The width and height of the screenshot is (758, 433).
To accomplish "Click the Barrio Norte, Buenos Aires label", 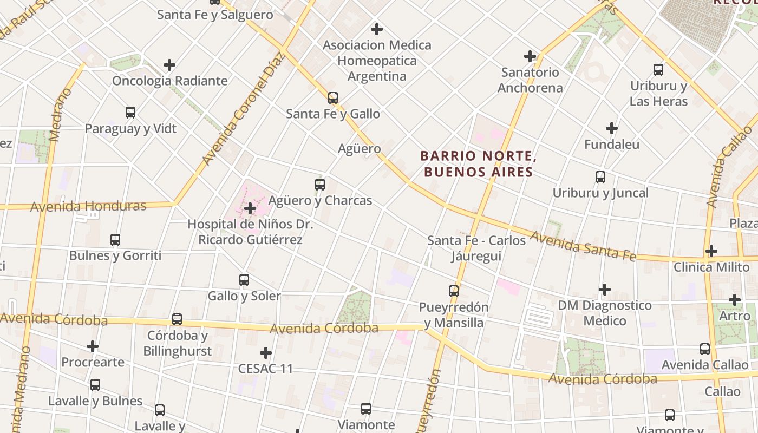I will (x=479, y=164).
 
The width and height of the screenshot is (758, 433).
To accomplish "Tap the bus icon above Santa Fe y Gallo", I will (x=333, y=98).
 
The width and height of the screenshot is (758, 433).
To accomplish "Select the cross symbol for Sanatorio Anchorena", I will (x=530, y=56).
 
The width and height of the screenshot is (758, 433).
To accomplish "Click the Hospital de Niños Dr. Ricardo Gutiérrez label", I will (x=250, y=232).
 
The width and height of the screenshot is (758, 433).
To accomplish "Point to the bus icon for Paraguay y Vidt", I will (x=130, y=113).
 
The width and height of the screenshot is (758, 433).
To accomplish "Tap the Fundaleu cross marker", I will (x=612, y=129).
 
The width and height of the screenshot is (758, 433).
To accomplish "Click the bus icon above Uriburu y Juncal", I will (x=600, y=177).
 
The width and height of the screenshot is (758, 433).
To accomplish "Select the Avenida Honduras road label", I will (x=88, y=206).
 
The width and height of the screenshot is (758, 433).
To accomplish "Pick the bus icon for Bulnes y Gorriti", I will (x=115, y=240).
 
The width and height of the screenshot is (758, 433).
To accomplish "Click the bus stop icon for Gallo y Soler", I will (x=244, y=280).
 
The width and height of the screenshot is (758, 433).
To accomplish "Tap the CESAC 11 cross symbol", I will (x=265, y=353).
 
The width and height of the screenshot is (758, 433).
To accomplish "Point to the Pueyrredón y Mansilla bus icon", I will (x=454, y=291).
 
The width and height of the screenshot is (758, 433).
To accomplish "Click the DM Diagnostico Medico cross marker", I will (x=605, y=290).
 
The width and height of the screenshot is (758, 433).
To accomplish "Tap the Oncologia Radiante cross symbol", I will (x=169, y=65).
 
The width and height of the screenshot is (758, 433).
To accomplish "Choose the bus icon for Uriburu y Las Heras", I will (x=658, y=70).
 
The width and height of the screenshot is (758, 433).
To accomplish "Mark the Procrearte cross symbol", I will (x=93, y=346).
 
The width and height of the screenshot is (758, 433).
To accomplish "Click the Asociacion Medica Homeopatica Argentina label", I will (x=377, y=60).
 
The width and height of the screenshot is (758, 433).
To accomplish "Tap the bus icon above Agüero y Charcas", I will (x=320, y=185).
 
